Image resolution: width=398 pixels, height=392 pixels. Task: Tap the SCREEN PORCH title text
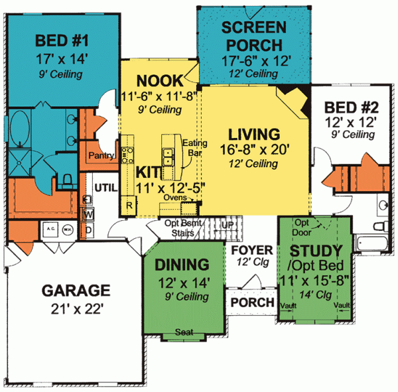tap(254, 36)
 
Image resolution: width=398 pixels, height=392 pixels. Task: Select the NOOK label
tap(159, 81)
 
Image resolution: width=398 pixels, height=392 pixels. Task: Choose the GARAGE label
tap(75, 290)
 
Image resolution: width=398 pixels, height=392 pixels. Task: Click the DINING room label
tap(182, 265)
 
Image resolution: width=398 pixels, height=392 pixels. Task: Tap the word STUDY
tap(316, 251)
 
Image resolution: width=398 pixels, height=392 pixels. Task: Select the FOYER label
tap(251, 250)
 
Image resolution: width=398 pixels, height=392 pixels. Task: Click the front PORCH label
tap(252, 302)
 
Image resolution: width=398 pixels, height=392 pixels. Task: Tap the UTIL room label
tap(105, 188)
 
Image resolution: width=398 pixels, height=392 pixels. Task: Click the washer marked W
tap(88, 214)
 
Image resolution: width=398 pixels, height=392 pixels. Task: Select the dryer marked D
tap(88, 229)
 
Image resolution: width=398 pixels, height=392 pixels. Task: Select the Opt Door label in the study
tap(302, 228)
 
